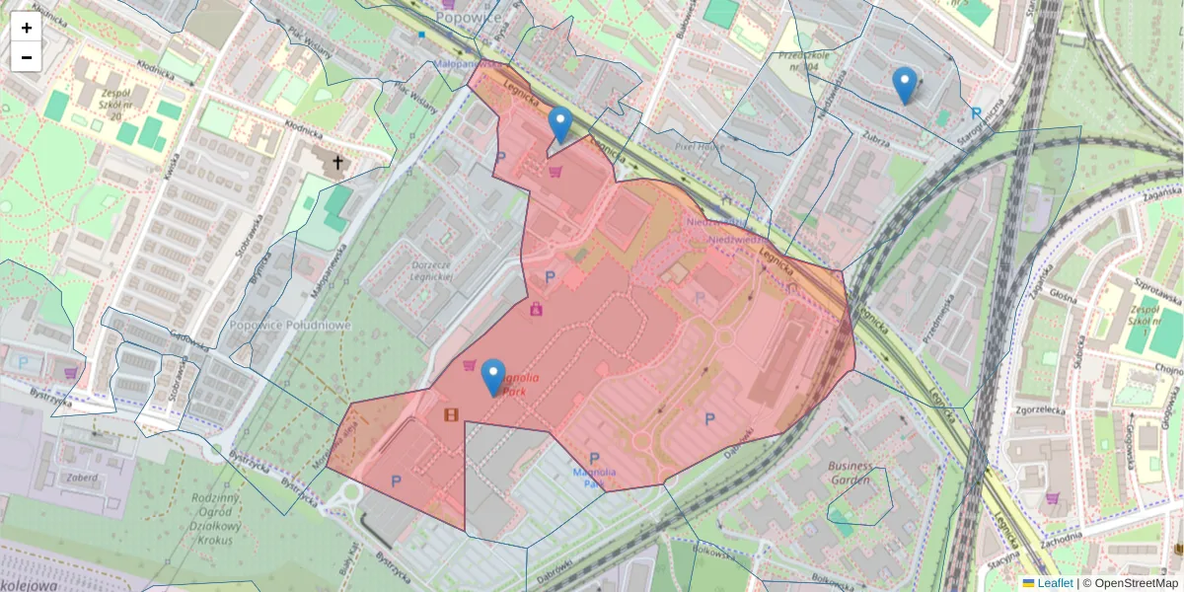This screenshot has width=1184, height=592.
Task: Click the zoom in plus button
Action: pos(26,28)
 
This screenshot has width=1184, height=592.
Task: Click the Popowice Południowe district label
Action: pos(290,325)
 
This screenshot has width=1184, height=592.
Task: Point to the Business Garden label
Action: pos(850,473)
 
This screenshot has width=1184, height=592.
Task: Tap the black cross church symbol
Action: pos(337,161)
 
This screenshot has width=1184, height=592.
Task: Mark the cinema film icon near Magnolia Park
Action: pos(451,414)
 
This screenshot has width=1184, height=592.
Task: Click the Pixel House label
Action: pos(700,145)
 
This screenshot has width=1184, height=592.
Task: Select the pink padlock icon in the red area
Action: pos(536,309)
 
